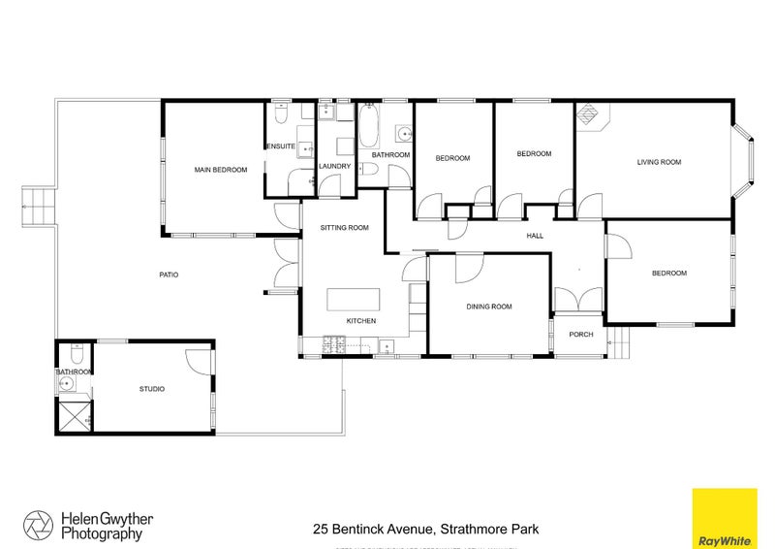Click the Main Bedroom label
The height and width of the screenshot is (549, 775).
point(220,170)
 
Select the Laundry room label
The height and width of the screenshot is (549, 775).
point(334,166)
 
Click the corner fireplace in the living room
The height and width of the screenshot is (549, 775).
point(590,115)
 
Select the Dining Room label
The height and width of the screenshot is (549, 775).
point(488,307)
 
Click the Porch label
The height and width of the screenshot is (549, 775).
point(580,335)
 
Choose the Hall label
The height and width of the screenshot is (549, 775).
point(533,236)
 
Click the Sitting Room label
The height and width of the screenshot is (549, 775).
point(345,228)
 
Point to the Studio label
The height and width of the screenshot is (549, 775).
point(152,389)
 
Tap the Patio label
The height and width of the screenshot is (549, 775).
point(169,274)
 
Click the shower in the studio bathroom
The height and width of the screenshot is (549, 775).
point(74,418)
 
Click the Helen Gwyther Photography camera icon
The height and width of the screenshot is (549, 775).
point(40,525)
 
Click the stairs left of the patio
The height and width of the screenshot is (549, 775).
point(36,205)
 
